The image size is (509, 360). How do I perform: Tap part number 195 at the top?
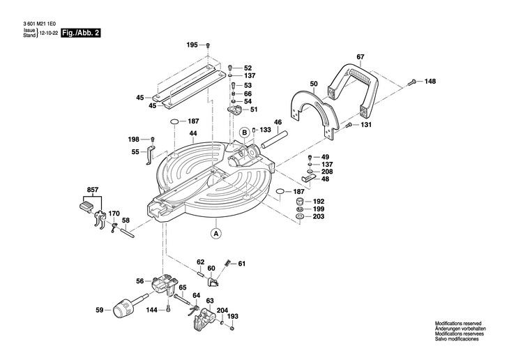[x=192, y=45]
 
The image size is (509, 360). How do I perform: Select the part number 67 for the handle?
[x=360, y=57]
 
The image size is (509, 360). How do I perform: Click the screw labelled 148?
[x=413, y=82]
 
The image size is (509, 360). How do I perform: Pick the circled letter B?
[x=245, y=133]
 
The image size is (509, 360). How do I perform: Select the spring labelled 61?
[x=227, y=264]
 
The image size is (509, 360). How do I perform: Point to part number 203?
[x=319, y=218]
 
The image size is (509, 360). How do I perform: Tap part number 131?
[x=366, y=125]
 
